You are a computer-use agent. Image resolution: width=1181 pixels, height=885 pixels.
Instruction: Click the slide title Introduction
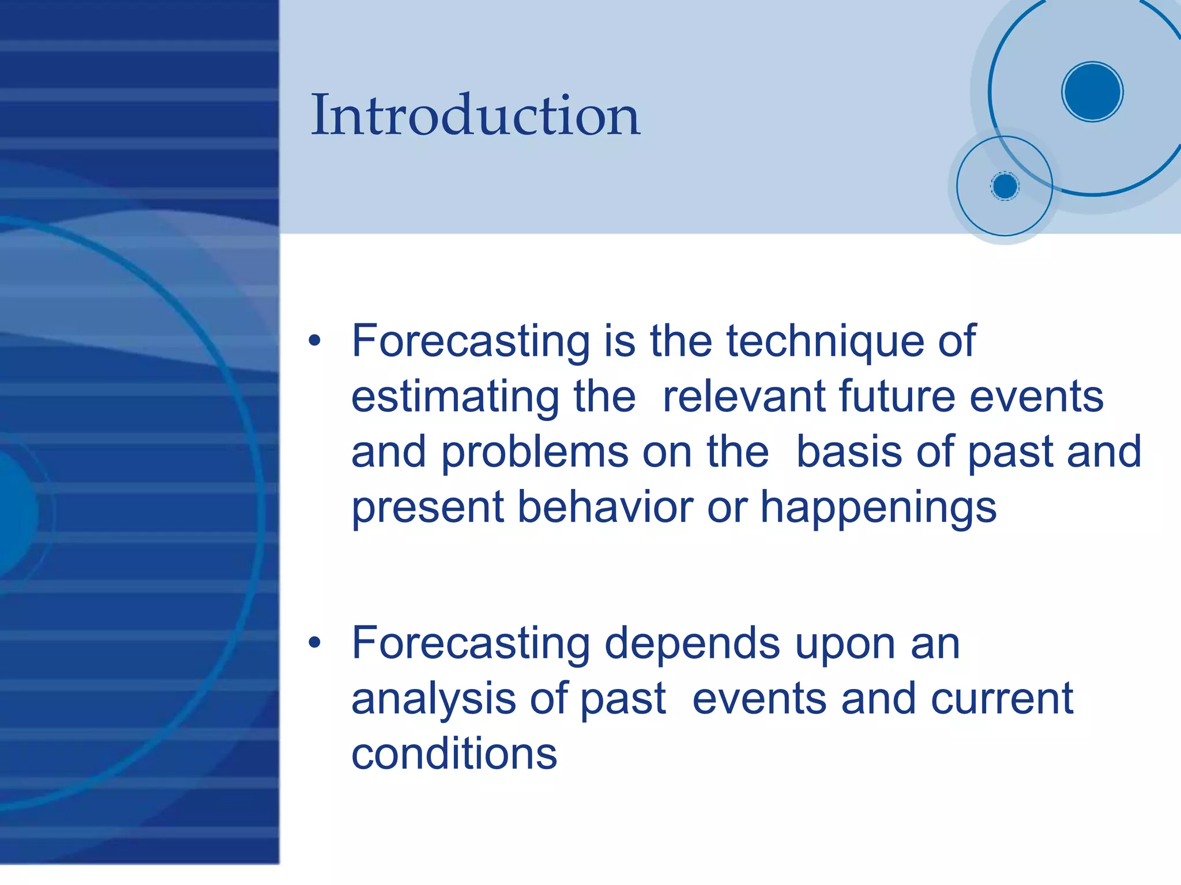tap(475, 115)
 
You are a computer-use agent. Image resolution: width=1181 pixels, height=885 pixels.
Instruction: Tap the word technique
tap(825, 341)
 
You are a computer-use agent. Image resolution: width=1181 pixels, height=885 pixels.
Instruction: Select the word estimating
tap(455, 398)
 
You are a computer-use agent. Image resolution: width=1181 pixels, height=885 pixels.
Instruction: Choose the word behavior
tap(605, 507)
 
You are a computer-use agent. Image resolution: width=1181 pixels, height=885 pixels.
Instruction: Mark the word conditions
tap(454, 754)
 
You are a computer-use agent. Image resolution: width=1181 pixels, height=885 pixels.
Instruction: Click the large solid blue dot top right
tap(1092, 92)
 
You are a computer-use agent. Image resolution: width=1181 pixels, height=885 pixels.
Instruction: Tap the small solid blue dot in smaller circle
tap(1005, 186)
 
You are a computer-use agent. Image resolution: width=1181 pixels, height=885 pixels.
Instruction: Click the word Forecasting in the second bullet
tap(471, 645)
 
